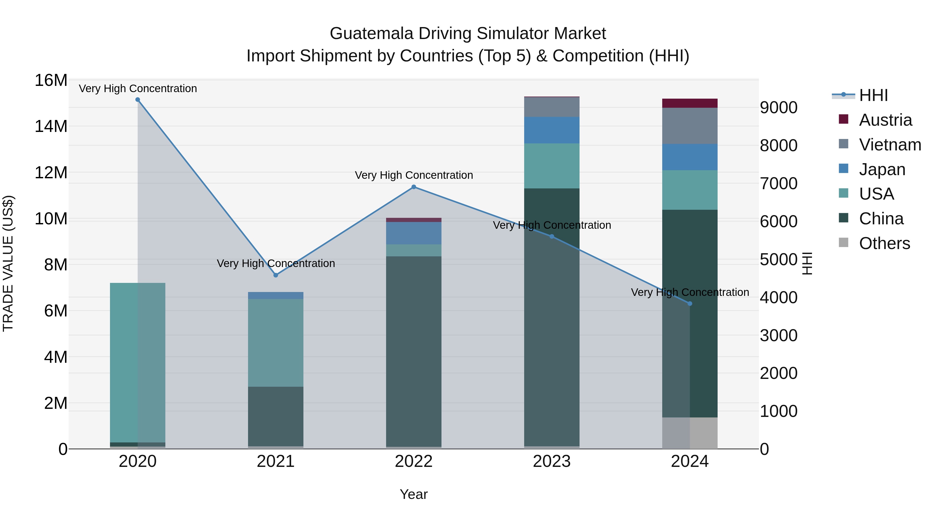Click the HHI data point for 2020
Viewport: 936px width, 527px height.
138,100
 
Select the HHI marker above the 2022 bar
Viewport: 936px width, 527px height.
413,187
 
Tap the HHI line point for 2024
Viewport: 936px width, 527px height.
690,304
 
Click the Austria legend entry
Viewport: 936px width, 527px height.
885,120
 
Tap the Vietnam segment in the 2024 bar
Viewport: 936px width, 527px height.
690,126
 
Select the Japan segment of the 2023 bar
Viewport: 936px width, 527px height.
551,130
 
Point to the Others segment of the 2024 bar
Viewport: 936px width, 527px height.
690,433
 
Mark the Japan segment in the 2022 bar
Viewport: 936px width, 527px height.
413,233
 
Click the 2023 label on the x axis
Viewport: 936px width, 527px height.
551,461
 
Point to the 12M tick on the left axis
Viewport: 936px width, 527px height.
51,172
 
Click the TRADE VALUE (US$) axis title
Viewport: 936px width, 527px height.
8,263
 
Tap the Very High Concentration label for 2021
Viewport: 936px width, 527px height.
275,263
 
